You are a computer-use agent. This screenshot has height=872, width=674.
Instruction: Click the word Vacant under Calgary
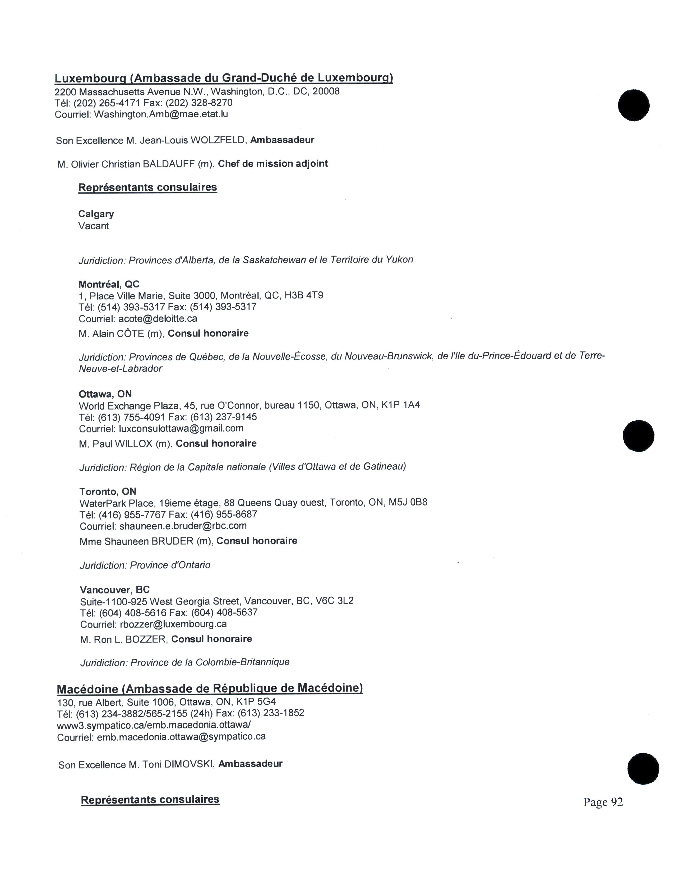(93, 226)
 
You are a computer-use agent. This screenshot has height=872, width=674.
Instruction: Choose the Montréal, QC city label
(109, 284)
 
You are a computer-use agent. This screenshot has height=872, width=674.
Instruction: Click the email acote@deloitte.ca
(158, 319)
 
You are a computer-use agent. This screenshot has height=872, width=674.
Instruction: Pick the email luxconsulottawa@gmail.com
(181, 428)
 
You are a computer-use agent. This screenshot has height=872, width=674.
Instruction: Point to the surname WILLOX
(134, 444)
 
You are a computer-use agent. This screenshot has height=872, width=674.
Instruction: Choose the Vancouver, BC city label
(115, 590)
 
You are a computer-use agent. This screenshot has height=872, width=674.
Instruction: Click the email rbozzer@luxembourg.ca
(173, 624)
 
